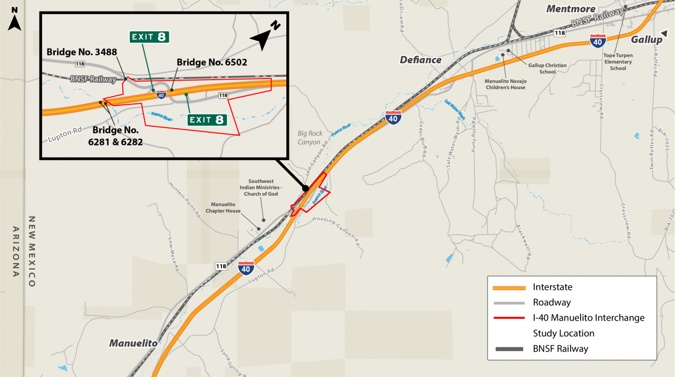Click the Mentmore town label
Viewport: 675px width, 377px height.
click(571, 9)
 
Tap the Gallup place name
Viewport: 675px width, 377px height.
click(647, 40)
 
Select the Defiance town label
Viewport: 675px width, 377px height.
click(420, 60)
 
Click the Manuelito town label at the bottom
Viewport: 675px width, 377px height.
click(133, 343)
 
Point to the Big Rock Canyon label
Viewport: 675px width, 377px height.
click(309, 138)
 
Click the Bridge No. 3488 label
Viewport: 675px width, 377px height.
click(82, 52)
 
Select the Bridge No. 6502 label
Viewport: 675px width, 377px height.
click(212, 62)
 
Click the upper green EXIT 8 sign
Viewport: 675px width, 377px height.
click(150, 37)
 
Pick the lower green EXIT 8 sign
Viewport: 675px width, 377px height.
click(208, 120)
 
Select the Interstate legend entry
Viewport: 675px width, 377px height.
click(552, 287)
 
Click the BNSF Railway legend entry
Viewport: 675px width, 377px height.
click(560, 349)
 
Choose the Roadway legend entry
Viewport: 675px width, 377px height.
click(552, 303)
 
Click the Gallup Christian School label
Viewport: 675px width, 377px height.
click(547, 69)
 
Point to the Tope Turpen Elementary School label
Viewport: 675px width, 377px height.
click(618, 62)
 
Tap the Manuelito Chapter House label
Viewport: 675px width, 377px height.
click(226, 207)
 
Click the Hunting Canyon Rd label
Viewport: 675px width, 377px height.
click(336, 230)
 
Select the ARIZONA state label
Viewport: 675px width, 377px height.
click(16, 252)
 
